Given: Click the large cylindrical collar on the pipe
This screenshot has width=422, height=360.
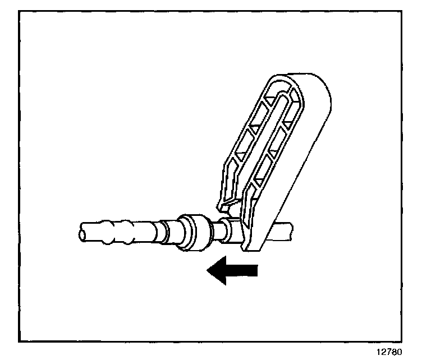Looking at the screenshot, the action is pos(194,231).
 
